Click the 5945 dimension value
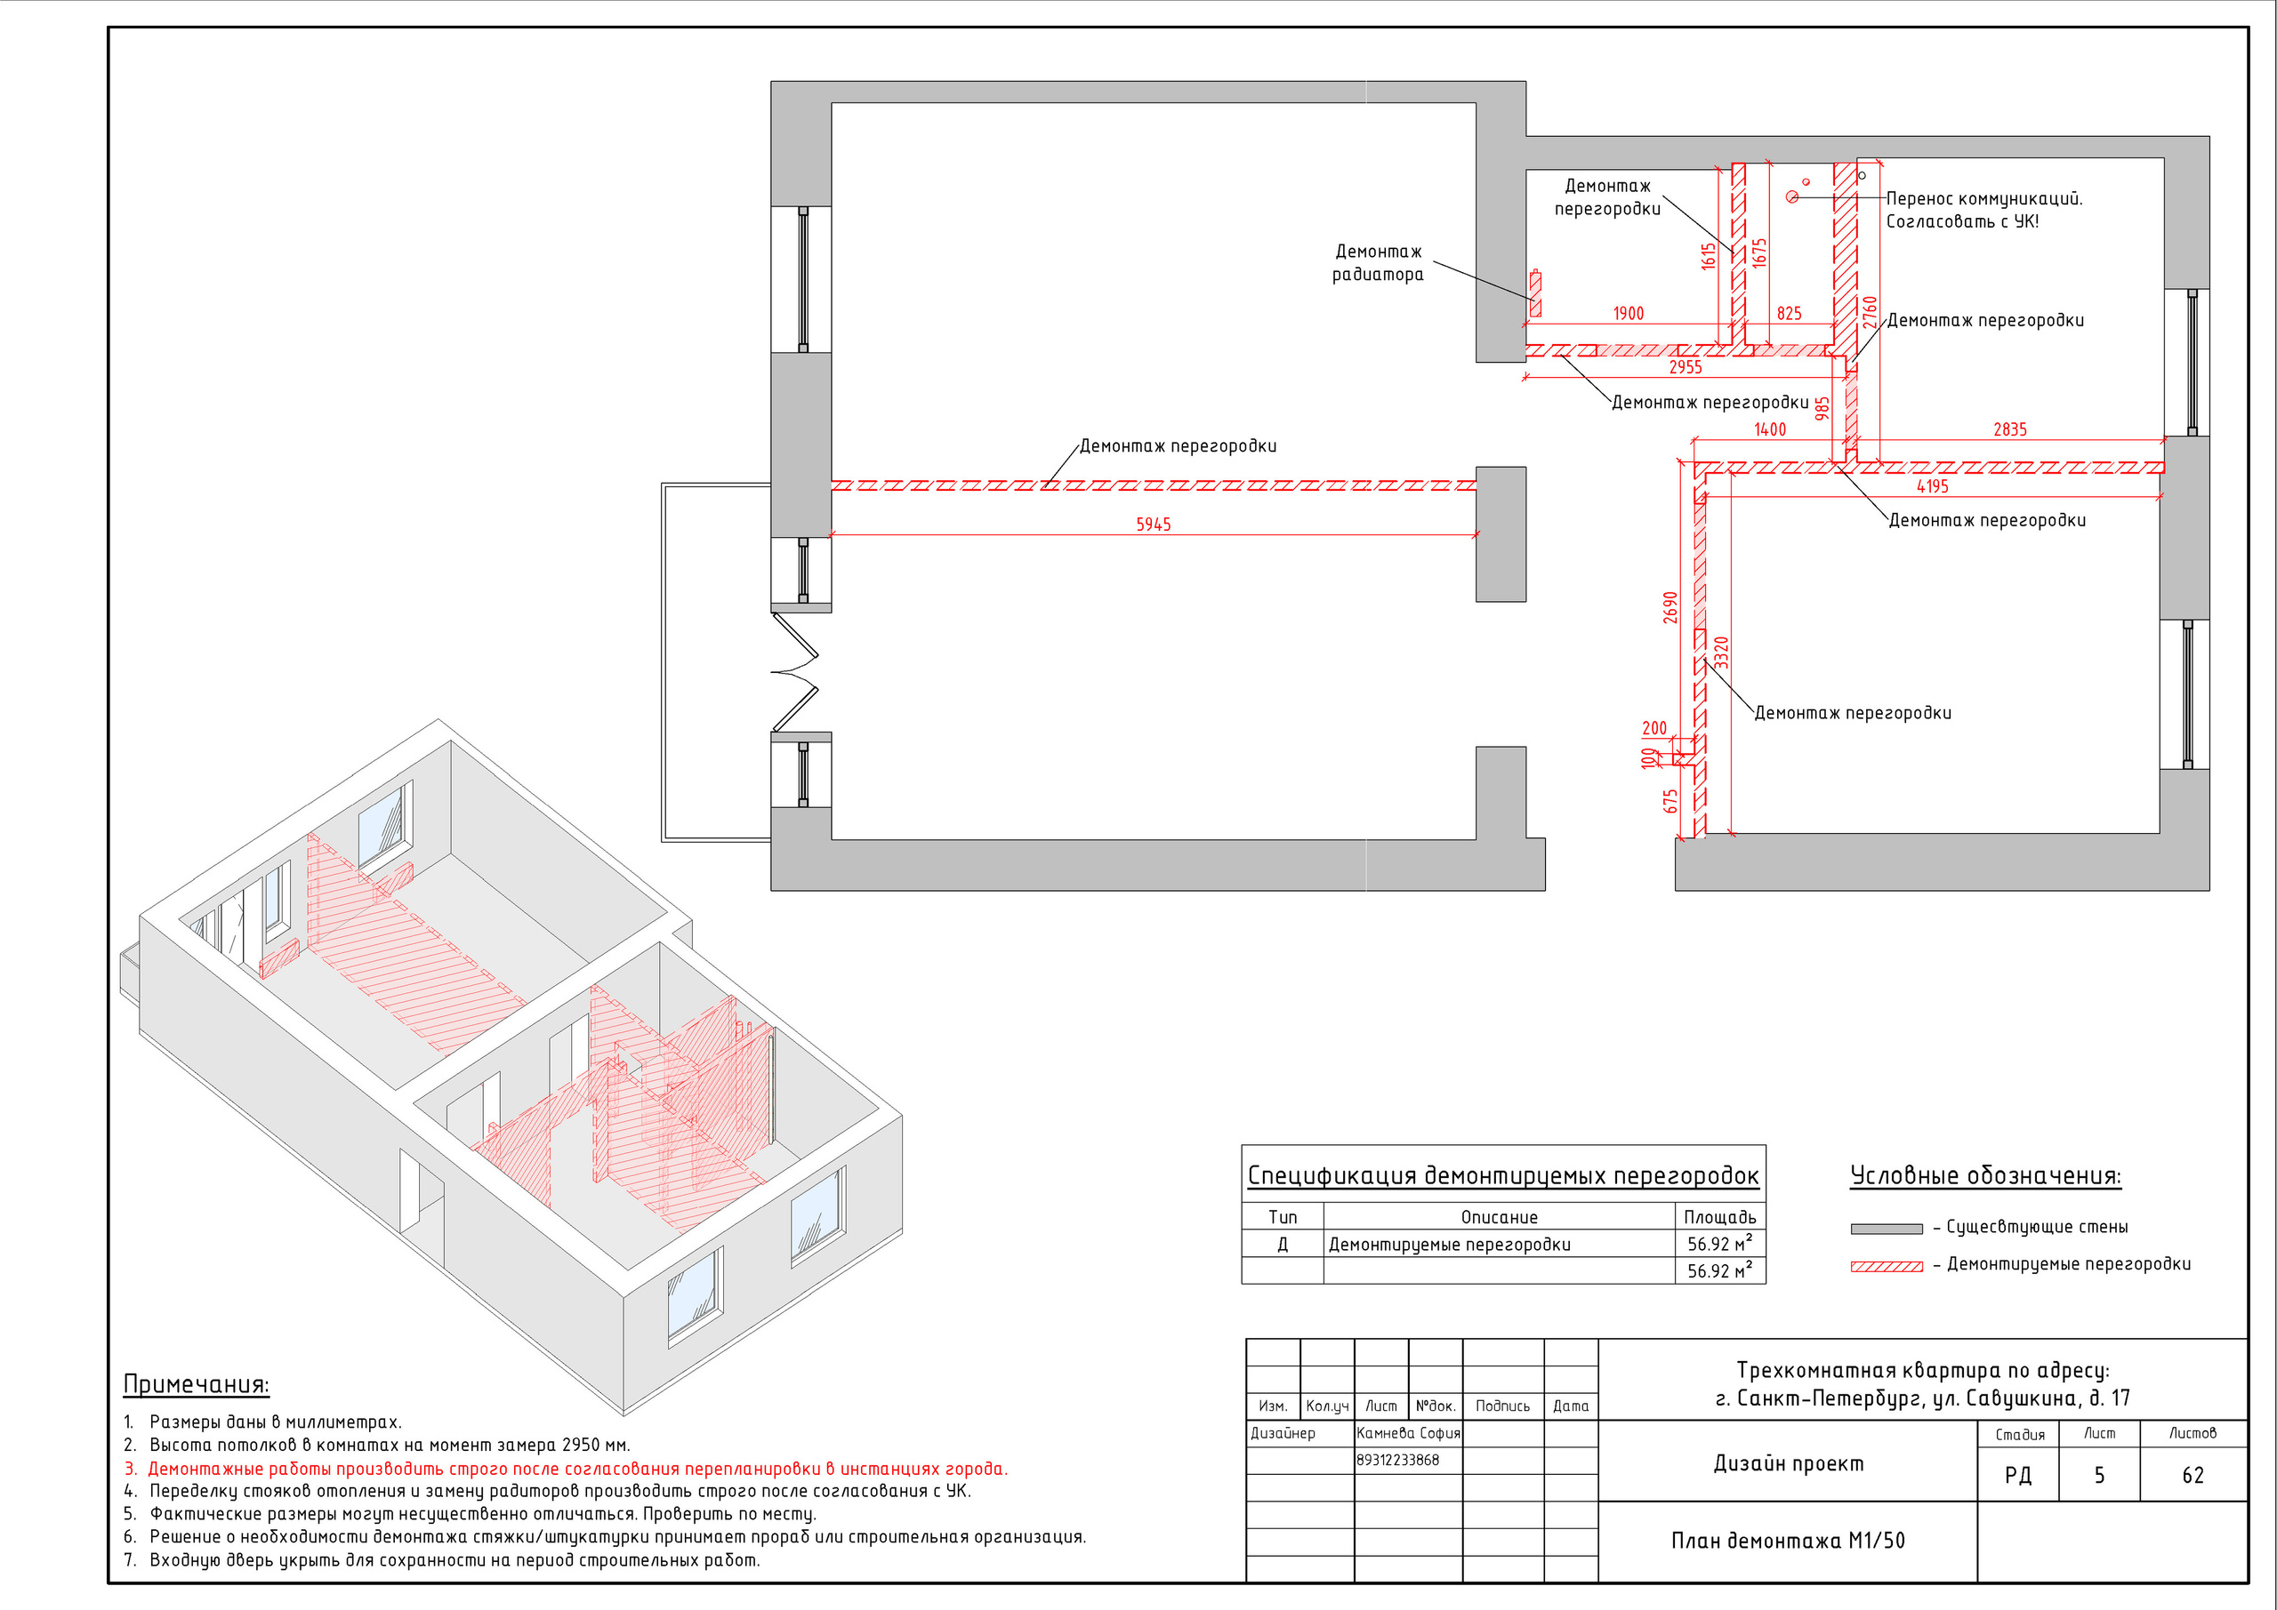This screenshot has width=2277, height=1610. pyautogui.click(x=1154, y=525)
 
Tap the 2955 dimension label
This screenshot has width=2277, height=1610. pyautogui.click(x=1685, y=368)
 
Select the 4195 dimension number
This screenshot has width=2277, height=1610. pyautogui.click(x=1932, y=487)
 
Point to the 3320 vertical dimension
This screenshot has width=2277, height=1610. pyautogui.click(x=1722, y=653)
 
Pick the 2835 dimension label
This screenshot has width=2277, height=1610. pyautogui.click(x=2010, y=430)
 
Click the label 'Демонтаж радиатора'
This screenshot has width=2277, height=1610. pyautogui.click(x=1378, y=263)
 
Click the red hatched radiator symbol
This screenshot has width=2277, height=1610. pyautogui.click(x=1535, y=293)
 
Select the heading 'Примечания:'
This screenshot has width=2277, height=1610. pyautogui.click(x=197, y=1385)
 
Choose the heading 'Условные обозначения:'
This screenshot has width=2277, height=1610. pyautogui.click(x=1985, y=1177)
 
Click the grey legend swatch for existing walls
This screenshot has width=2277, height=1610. pyautogui.click(x=1887, y=1230)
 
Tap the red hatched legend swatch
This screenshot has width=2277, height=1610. pyautogui.click(x=1887, y=1267)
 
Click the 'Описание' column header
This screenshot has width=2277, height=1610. pyautogui.click(x=1500, y=1217)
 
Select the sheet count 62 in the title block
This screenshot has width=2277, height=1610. pyautogui.click(x=2193, y=1475)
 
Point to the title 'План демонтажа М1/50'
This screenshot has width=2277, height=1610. pyautogui.click(x=1788, y=1541)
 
